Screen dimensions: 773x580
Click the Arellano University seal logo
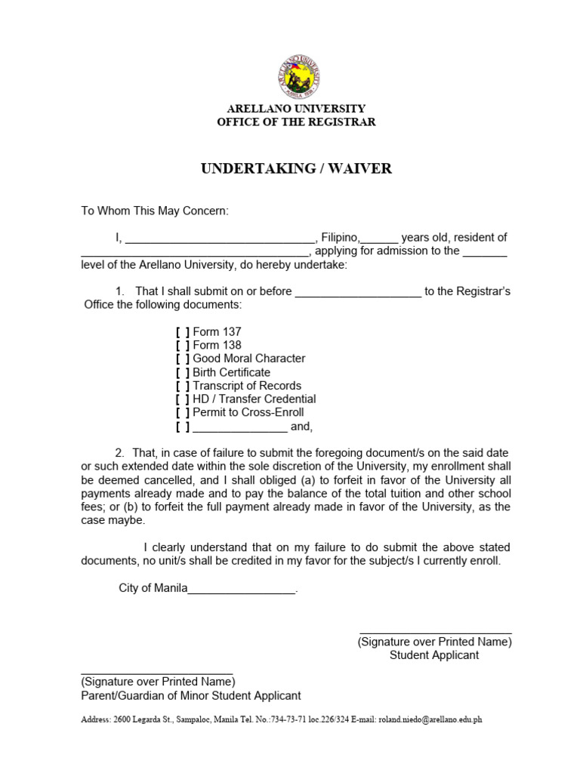click(x=296, y=77)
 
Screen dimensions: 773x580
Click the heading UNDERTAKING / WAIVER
click(x=296, y=168)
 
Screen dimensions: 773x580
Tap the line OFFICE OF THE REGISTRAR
click(x=296, y=122)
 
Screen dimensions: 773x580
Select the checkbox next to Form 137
click(x=183, y=332)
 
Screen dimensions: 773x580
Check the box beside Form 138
click(x=183, y=346)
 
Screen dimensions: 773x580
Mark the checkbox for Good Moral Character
click(x=183, y=359)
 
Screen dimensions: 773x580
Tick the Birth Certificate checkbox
click(x=183, y=373)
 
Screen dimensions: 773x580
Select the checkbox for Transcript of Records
click(x=183, y=386)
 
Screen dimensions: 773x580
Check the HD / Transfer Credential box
click(x=183, y=399)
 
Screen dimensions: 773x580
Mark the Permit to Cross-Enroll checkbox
click(x=183, y=413)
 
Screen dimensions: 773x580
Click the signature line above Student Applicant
click(x=435, y=631)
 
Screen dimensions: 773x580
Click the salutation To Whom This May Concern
click(x=154, y=211)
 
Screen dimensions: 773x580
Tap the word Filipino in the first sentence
click(x=341, y=238)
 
